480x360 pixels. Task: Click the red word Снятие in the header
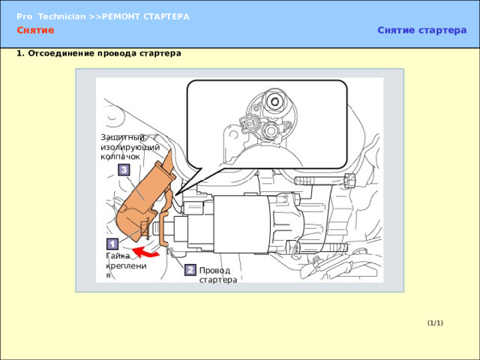35,30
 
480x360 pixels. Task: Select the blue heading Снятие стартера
421,30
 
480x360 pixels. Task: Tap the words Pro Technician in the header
51,16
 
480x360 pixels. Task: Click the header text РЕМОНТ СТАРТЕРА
145,16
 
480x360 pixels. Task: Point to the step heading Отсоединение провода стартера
104,53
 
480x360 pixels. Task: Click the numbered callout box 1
112,244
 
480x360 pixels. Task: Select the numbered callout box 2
190,270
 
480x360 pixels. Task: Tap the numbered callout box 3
124,170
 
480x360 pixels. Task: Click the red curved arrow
146,252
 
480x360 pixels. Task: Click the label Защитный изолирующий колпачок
130,147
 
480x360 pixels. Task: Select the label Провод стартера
218,275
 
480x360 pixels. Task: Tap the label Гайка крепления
126,265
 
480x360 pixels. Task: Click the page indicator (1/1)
435,323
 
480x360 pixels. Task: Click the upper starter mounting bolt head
349,180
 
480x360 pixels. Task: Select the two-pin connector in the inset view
250,124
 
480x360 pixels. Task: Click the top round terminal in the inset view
274,101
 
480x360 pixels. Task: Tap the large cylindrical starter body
241,224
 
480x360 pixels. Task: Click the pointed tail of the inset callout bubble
177,194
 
